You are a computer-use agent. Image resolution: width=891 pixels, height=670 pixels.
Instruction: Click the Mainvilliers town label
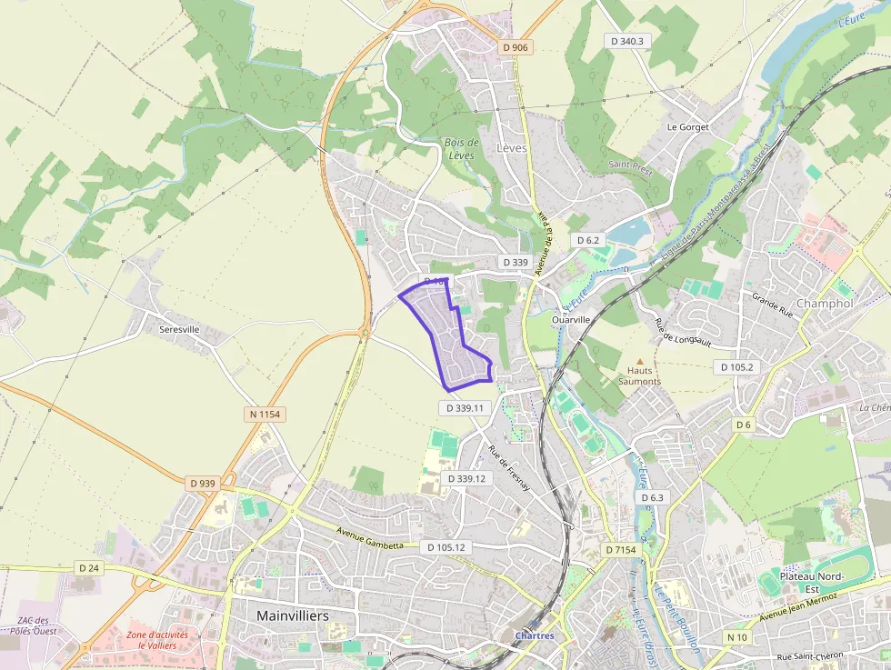(293, 615)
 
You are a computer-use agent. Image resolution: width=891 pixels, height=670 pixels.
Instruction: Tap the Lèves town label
(512, 147)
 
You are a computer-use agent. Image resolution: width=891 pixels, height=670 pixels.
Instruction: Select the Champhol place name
(825, 303)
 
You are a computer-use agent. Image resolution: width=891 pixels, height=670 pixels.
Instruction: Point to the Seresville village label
(178, 329)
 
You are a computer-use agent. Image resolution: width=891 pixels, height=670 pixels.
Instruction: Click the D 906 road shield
(515, 47)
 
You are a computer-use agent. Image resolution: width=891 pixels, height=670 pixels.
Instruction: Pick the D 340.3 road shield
(627, 41)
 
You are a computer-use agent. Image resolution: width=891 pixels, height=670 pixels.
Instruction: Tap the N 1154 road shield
(265, 414)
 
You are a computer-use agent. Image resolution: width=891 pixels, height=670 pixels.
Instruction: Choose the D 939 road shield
(203, 483)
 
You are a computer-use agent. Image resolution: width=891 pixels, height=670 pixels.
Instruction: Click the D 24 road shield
(88, 567)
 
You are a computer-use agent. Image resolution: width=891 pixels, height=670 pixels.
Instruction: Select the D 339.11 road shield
(467, 408)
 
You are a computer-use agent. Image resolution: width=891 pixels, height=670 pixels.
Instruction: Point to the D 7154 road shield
(622, 550)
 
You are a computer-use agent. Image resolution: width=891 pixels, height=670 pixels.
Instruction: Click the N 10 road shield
(736, 637)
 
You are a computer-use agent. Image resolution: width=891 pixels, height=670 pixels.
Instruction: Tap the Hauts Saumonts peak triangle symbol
(639, 361)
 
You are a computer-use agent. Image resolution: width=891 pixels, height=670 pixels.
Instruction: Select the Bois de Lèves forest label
(461, 149)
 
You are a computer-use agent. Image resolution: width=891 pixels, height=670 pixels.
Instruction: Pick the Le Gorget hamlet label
(687, 127)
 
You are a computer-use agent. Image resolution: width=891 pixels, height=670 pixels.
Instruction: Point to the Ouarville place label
(572, 319)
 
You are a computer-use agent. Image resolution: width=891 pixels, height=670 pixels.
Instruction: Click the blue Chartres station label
(534, 635)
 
